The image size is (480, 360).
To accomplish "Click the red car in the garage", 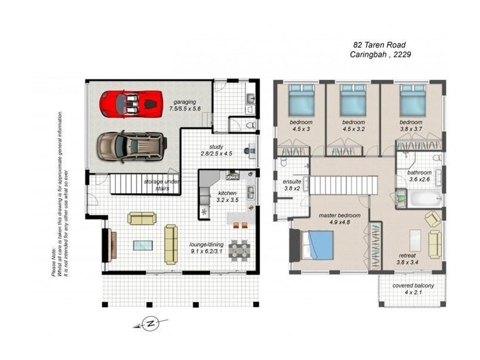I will click(131, 103).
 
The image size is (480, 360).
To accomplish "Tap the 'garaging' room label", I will click(184, 102).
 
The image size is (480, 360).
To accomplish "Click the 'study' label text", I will click(216, 146).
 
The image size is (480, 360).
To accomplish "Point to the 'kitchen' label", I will click(227, 193).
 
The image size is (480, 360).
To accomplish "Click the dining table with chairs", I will click(239, 248).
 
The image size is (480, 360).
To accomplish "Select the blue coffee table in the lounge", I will click(143, 245).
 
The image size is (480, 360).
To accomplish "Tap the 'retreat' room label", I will click(408, 256).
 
